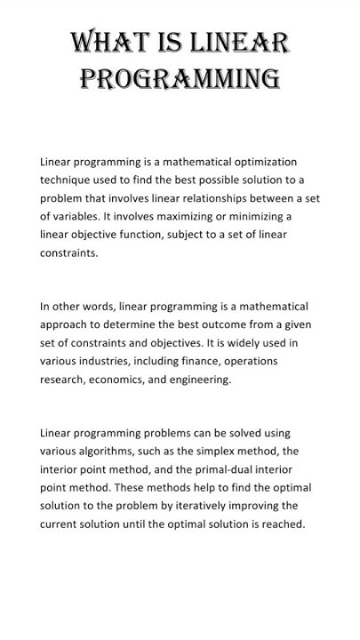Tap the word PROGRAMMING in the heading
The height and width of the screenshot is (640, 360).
click(x=180, y=79)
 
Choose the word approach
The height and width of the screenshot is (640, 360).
click(x=65, y=324)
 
